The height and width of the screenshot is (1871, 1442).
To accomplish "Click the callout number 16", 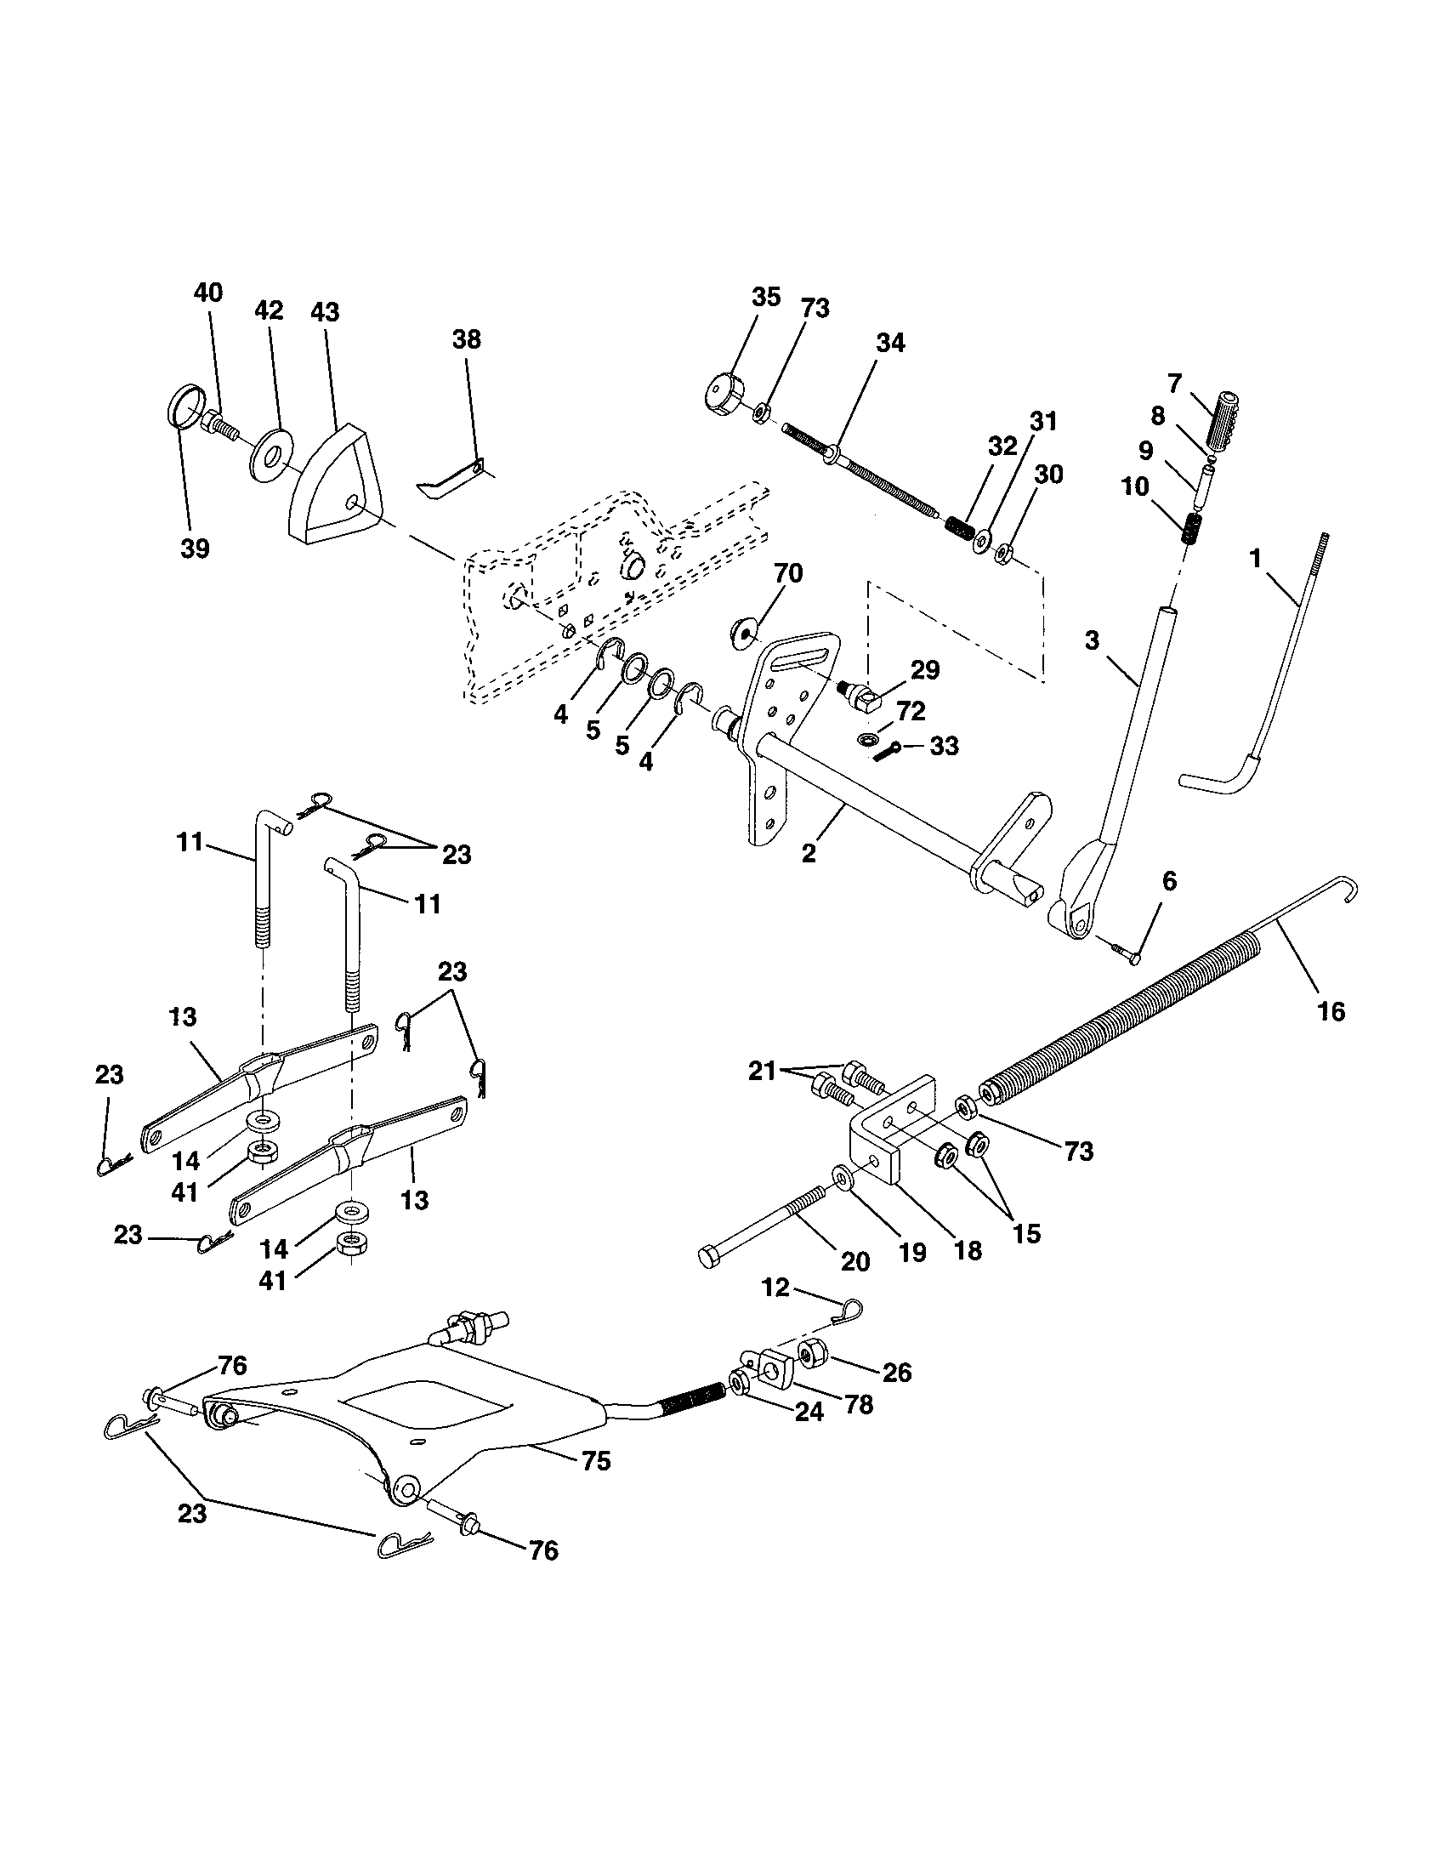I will [x=1332, y=1011].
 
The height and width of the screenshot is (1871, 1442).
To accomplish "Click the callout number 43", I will [x=325, y=312].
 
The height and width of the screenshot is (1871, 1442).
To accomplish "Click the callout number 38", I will [x=467, y=339].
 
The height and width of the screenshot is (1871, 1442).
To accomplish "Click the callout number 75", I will [x=596, y=1460].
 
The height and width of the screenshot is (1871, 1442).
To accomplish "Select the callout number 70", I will [x=788, y=573].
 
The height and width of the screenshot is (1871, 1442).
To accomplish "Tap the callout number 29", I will [x=925, y=670].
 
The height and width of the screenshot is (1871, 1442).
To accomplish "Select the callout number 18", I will [x=968, y=1250].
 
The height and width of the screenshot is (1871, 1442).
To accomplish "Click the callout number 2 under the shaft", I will [x=809, y=854].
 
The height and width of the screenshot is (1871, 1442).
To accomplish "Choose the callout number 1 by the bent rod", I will [x=1255, y=559].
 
